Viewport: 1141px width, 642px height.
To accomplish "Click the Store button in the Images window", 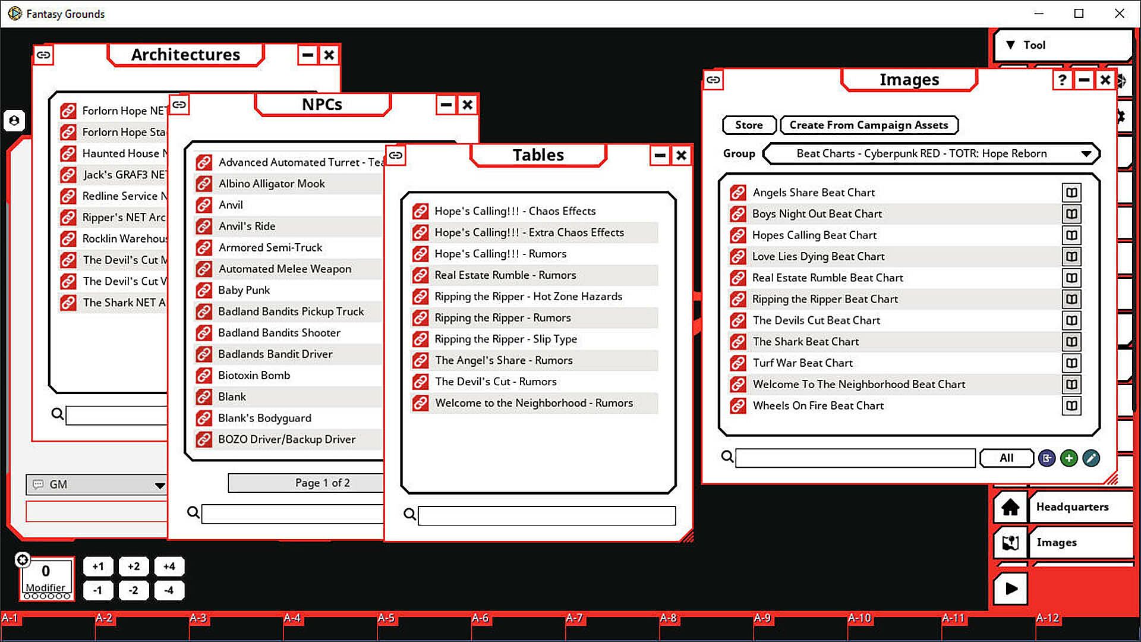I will click(x=749, y=125).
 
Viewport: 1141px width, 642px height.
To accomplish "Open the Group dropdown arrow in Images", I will click(x=1086, y=154).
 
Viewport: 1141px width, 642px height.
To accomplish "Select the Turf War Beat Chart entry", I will click(x=802, y=363).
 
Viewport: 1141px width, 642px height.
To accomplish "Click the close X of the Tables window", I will click(x=681, y=156).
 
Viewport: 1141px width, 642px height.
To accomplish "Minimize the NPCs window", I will click(x=446, y=105).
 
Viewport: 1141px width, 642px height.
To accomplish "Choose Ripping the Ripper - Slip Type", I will click(x=505, y=339).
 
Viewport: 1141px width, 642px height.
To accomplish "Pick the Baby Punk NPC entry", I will click(x=244, y=290).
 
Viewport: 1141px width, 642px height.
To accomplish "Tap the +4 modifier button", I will click(x=169, y=567).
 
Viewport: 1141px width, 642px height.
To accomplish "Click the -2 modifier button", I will click(x=134, y=590).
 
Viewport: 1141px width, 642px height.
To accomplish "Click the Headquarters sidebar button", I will click(x=1072, y=507).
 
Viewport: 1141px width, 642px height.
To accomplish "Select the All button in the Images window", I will click(x=1006, y=458).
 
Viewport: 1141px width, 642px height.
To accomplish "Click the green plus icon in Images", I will click(x=1068, y=458).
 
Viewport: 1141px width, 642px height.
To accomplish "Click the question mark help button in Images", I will click(x=1062, y=80).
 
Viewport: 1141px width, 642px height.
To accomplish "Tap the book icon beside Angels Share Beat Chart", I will click(x=1071, y=193).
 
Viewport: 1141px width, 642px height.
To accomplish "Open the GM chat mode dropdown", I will click(x=159, y=485).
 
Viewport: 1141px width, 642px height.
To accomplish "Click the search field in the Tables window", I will click(x=547, y=515).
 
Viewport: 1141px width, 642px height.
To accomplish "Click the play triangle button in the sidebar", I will click(x=1010, y=588).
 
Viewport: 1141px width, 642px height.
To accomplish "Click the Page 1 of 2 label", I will click(x=322, y=483).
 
